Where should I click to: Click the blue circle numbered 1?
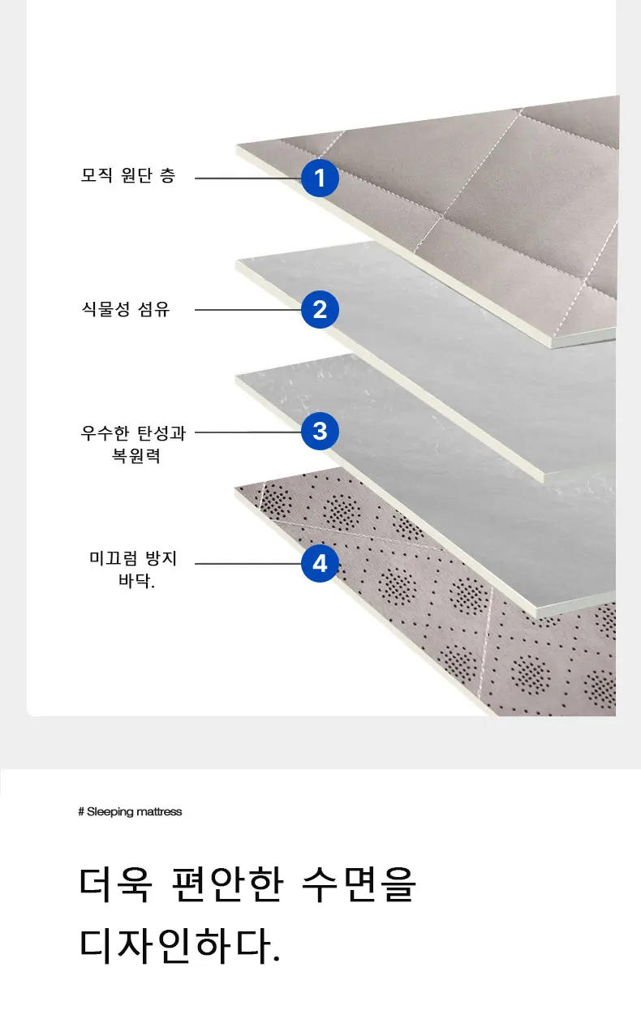pos(320,178)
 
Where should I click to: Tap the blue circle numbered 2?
pos(320,309)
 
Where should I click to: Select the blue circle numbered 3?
pos(320,431)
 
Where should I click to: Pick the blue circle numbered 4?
pos(320,562)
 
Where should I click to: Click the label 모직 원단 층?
pos(127,176)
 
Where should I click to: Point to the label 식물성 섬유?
pos(126,309)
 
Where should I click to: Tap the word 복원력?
pos(136,456)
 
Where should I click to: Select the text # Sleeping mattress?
pos(130,811)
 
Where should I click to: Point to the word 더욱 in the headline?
pos(114,885)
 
